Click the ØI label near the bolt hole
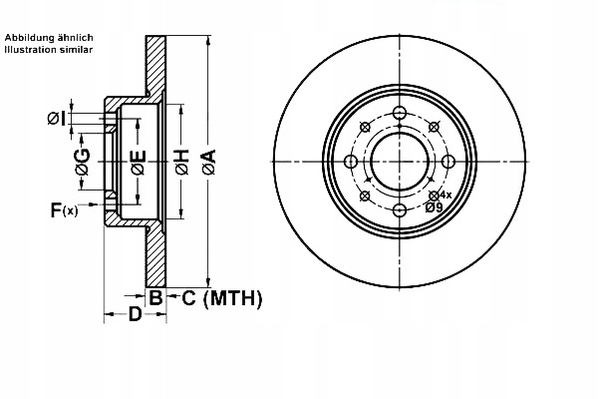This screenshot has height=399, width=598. pos(57,119)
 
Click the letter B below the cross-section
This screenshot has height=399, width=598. pos(155,297)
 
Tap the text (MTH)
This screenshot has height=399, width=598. pos(231,297)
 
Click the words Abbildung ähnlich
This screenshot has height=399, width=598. pos(49,37)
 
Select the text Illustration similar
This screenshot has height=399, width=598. pos(49,49)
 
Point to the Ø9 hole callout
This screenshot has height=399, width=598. pos(434,207)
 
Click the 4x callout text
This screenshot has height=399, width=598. pos(446,195)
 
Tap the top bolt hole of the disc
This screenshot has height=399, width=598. pos(399,113)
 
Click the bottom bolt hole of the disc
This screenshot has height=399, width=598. pos(399,209)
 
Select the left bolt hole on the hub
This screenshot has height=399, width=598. pos(351,162)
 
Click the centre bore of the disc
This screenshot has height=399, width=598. pos(399,162)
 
